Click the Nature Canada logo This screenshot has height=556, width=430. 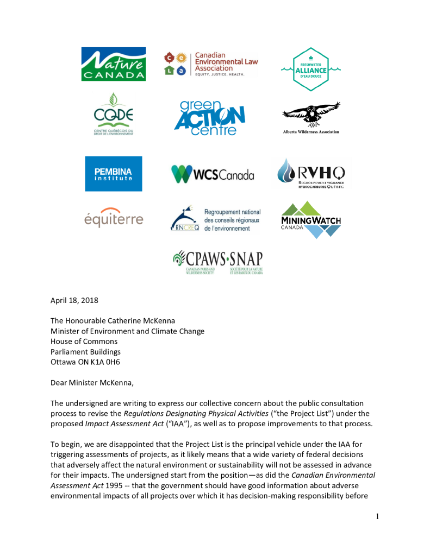[114, 64]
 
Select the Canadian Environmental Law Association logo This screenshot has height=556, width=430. [211, 64]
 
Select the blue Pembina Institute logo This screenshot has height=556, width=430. [114, 174]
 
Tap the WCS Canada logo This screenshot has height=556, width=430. [213, 174]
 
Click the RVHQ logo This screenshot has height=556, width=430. [311, 173]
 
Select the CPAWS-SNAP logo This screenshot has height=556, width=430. [217, 262]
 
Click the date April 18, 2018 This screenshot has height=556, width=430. [74, 300]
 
